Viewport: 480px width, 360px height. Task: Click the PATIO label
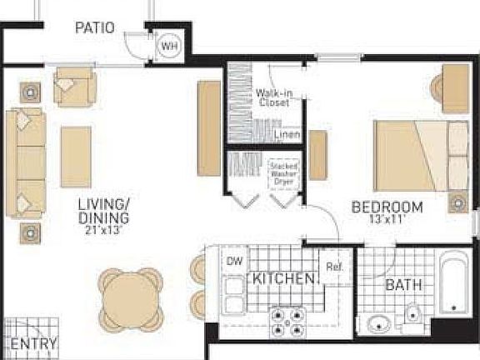pos(95,27)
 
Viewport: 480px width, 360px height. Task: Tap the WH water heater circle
pos(168,46)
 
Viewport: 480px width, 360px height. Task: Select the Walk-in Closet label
pos(273,98)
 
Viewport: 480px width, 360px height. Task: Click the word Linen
pos(287,134)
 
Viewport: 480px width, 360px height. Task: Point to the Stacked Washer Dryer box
pos(284,176)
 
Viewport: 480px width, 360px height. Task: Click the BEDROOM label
pos(387,207)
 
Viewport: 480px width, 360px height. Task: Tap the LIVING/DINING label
pos(104,211)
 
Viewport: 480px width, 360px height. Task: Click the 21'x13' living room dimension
pos(104,230)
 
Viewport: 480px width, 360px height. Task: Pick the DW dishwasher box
pos(235,262)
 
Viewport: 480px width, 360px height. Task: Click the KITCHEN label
pos(283,278)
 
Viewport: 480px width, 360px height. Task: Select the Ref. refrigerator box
pos(335,268)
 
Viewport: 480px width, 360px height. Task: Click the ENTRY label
pos(34,344)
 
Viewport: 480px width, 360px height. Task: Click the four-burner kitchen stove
pos(287,321)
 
